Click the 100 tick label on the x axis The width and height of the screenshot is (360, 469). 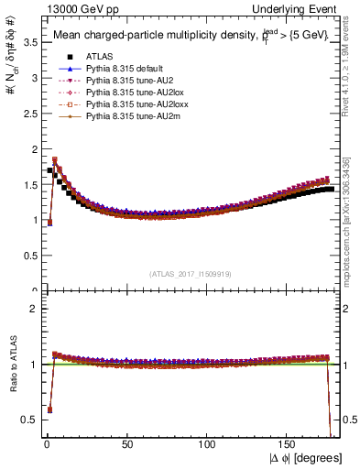(208, 444)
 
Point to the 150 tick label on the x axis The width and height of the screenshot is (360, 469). (289, 444)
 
